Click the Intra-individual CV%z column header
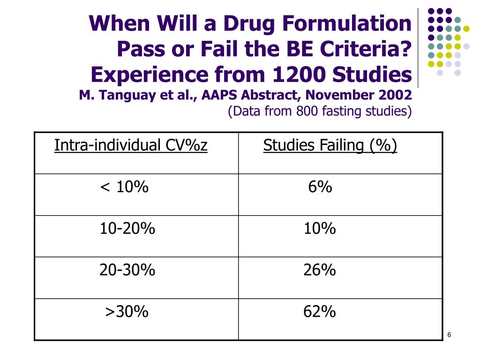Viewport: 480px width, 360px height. click(131, 146)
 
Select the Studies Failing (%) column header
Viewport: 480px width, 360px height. click(330, 146)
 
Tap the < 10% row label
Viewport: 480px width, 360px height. click(124, 187)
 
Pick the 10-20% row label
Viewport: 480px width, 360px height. click(127, 229)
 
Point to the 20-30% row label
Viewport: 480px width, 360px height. click(127, 270)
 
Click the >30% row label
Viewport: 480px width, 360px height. click(127, 312)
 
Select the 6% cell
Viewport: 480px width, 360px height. click(320, 187)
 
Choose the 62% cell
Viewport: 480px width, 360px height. click(320, 312)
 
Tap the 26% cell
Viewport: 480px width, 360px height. click(320, 270)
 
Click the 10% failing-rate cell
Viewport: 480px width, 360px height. click(320, 229)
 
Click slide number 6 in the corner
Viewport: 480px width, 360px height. click(449, 334)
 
